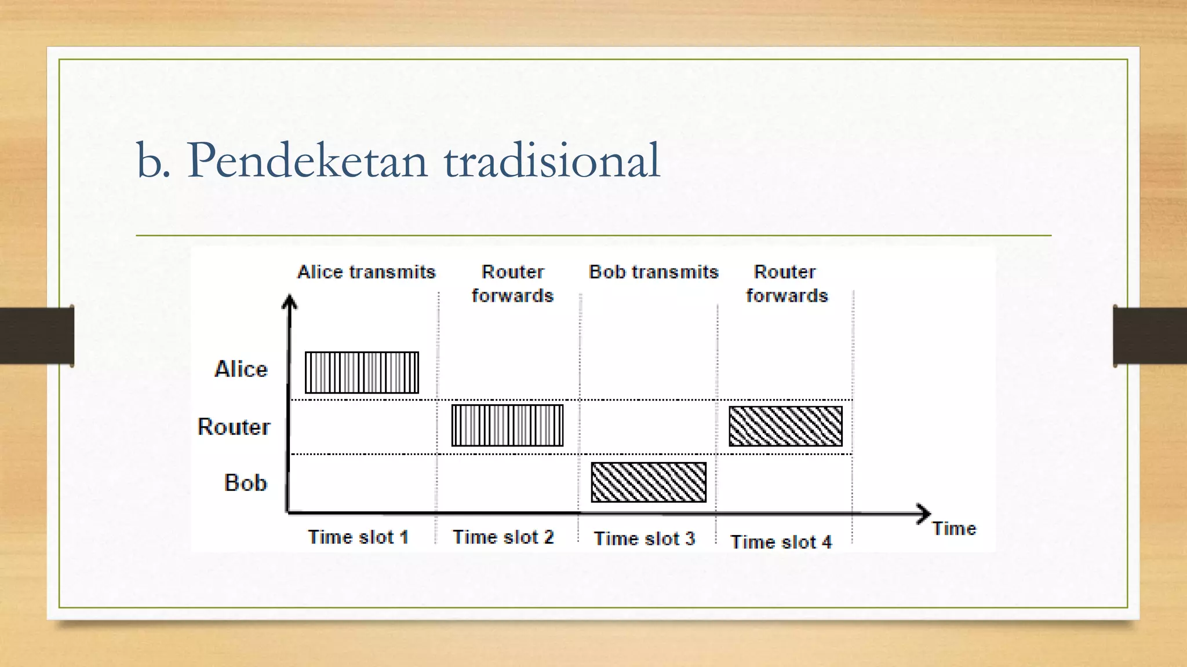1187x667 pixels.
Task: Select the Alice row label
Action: click(x=241, y=369)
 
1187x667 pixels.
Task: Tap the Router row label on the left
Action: click(x=234, y=427)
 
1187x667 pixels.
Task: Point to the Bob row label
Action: click(x=245, y=483)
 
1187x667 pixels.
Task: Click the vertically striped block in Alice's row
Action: click(x=362, y=373)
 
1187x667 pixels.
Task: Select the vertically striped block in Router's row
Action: click(x=507, y=426)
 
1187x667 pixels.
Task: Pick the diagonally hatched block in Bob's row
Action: click(x=649, y=482)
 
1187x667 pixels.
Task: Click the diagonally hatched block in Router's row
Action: click(x=785, y=426)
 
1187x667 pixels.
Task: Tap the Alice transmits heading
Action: click(x=366, y=272)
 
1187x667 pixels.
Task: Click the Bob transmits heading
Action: click(x=653, y=272)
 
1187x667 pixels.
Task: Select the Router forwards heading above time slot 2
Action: click(x=512, y=284)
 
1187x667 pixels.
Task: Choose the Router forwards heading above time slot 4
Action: click(x=787, y=284)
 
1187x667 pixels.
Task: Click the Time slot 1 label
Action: click(x=358, y=537)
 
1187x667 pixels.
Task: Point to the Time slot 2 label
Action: click(x=503, y=537)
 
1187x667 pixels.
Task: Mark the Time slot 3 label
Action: click(x=645, y=539)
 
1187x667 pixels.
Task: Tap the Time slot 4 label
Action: click(x=781, y=543)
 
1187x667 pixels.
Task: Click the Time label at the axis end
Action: click(x=954, y=529)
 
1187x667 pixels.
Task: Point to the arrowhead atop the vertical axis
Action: click(x=289, y=301)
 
